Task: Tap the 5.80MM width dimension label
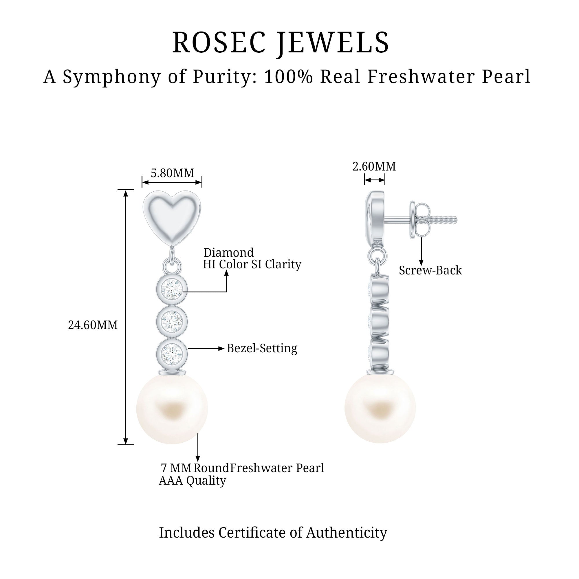pyautogui.click(x=172, y=173)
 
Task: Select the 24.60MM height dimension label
pyautogui.click(x=93, y=325)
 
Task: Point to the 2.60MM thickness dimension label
pyautogui.click(x=374, y=167)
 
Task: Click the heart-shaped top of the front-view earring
pyautogui.click(x=172, y=215)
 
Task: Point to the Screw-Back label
pyautogui.click(x=430, y=271)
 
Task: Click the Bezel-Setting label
pyautogui.click(x=262, y=349)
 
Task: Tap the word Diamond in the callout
pyautogui.click(x=228, y=253)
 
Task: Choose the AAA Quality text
pyautogui.click(x=192, y=480)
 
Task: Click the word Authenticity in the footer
pyautogui.click(x=347, y=533)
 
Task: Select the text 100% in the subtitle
pyautogui.click(x=289, y=77)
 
